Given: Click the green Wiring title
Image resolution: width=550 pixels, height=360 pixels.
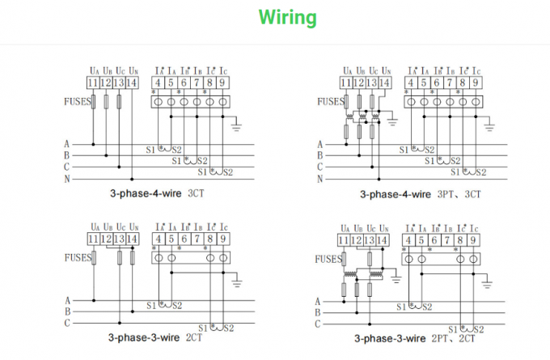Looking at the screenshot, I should pyautogui.click(x=287, y=17).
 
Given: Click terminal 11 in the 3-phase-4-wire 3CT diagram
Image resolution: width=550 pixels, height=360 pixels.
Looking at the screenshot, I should pyautogui.click(x=93, y=83).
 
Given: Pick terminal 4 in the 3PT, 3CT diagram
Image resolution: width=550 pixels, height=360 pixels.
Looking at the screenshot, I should pyautogui.click(x=411, y=83).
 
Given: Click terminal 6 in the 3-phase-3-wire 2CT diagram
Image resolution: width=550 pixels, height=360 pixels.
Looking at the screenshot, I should pyautogui.click(x=184, y=239).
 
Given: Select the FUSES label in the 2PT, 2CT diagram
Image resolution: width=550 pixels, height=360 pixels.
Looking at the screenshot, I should pyautogui.click(x=328, y=259).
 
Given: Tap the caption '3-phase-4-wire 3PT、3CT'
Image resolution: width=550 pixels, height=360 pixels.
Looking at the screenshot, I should pyautogui.click(x=421, y=194).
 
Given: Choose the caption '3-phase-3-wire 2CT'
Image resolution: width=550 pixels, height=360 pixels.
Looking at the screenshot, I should pyautogui.click(x=157, y=338).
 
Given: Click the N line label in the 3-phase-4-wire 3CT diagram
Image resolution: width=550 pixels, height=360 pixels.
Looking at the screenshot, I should pyautogui.click(x=68, y=178).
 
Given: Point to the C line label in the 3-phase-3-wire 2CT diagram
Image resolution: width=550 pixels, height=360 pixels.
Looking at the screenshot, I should pyautogui.click(x=68, y=323).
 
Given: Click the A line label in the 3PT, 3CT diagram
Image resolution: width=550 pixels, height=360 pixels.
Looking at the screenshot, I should pyautogui.click(x=320, y=144).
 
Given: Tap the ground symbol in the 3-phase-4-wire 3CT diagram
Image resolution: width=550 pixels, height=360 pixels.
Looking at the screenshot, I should pyautogui.click(x=236, y=125).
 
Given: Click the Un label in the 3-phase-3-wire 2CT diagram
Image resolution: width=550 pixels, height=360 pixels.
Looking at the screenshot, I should pyautogui.click(x=132, y=226).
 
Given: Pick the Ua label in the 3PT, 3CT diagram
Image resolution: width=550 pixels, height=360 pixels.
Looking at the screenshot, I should pyautogui.click(x=347, y=70).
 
